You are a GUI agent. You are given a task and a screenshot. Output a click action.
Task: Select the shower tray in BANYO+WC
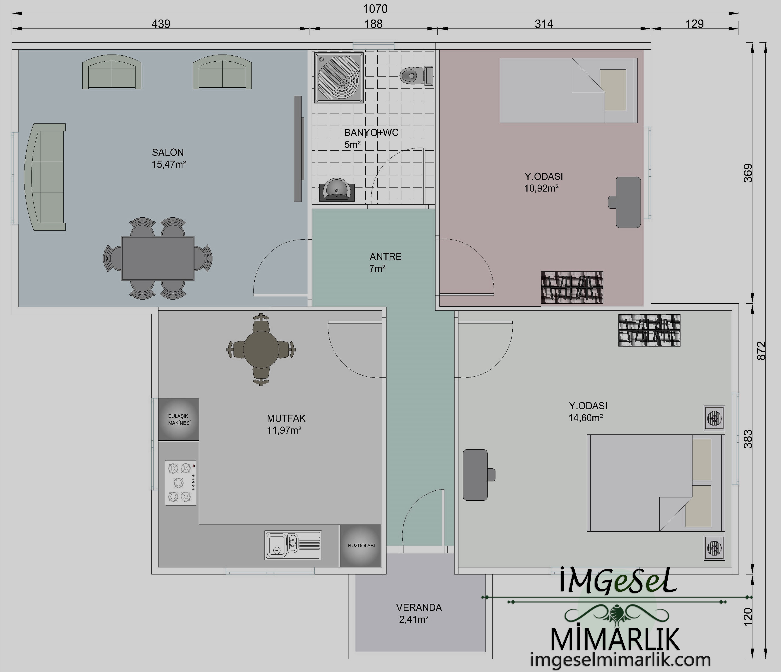pos(339,78)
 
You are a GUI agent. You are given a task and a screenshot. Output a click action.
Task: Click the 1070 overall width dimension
pos(375,8)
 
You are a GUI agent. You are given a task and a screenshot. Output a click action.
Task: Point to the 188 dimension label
pos(374,24)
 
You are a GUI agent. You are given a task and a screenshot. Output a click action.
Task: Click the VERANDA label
pos(419,607)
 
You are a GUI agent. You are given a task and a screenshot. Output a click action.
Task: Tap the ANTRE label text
pos(385,257)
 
